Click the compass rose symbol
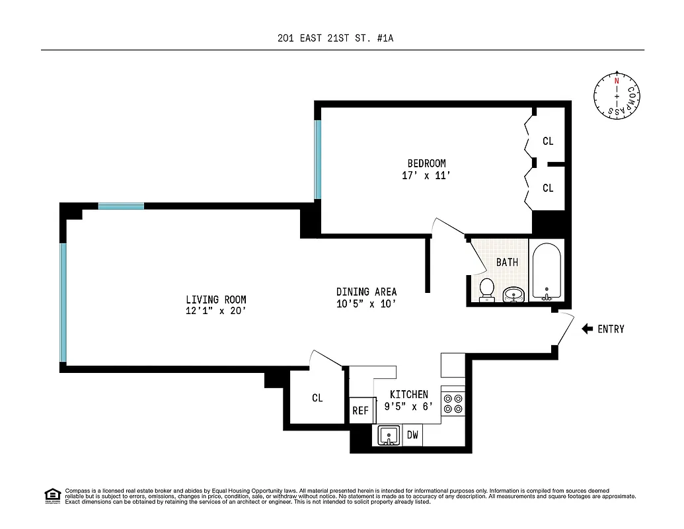[x=617, y=96]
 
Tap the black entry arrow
[x=587, y=329]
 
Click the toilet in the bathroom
[x=487, y=289]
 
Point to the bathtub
[x=547, y=272]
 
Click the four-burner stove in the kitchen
[x=453, y=403]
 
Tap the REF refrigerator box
[x=360, y=411]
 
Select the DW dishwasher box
[x=412, y=435]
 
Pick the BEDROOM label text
[x=426, y=163]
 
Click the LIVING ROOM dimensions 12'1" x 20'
[x=215, y=311]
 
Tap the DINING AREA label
[x=366, y=292]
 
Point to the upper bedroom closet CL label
[x=548, y=141]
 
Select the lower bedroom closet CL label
[x=548, y=188]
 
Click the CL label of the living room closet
[x=317, y=398]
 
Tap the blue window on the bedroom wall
[x=318, y=159]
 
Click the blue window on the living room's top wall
[x=121, y=206]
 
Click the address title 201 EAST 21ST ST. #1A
[x=336, y=38]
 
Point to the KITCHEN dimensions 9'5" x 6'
[x=410, y=407]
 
